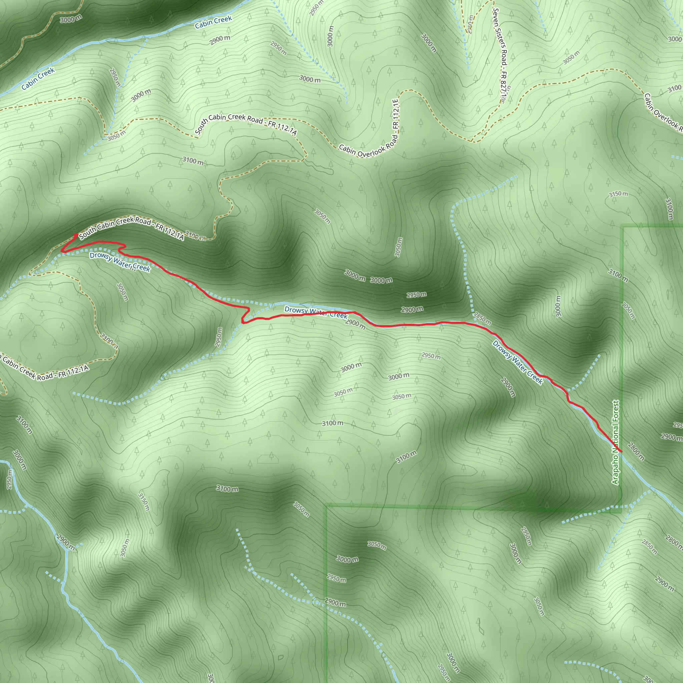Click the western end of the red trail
coord(76,235)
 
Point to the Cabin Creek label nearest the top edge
coord(213,22)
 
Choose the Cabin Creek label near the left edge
coord(38,78)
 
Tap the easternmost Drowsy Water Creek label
coord(517,362)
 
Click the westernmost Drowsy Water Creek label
coord(120,262)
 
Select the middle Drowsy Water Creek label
coord(316,312)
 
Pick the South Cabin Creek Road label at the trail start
coord(131,228)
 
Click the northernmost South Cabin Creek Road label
coord(246,124)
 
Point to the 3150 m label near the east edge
coord(618,194)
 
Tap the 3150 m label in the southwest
coord(144,502)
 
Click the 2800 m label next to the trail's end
coord(636,452)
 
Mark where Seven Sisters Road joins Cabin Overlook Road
coord(473,141)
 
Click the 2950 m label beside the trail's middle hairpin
coord(219,337)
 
